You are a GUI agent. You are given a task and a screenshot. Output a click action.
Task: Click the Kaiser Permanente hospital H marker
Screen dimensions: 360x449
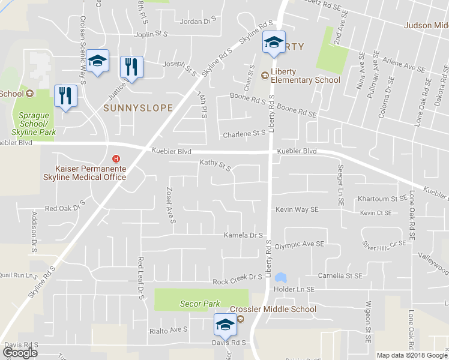116,159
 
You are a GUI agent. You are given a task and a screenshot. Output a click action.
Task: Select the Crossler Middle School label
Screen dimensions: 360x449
273,310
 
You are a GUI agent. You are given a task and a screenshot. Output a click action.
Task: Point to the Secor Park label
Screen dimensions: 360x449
200,304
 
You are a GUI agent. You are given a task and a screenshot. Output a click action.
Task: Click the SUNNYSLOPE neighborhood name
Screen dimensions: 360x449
138,109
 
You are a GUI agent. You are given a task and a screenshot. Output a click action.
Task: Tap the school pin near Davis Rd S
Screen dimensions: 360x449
225,326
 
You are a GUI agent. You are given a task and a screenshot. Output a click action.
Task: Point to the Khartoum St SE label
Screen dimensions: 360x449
382,198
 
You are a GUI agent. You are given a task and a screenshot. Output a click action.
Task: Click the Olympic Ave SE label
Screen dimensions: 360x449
299,245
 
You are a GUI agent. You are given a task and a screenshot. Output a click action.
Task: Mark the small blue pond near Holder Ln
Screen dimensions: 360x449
280,278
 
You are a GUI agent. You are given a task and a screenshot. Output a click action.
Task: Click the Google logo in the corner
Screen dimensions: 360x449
20,353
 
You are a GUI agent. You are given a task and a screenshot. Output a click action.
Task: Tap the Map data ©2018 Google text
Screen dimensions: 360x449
412,355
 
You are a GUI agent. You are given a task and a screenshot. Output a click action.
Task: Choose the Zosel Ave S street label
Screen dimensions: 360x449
169,205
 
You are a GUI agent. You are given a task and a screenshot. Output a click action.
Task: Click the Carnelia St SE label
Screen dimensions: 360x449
340,276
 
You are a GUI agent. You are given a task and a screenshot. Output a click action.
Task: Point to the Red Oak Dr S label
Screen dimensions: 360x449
65,208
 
